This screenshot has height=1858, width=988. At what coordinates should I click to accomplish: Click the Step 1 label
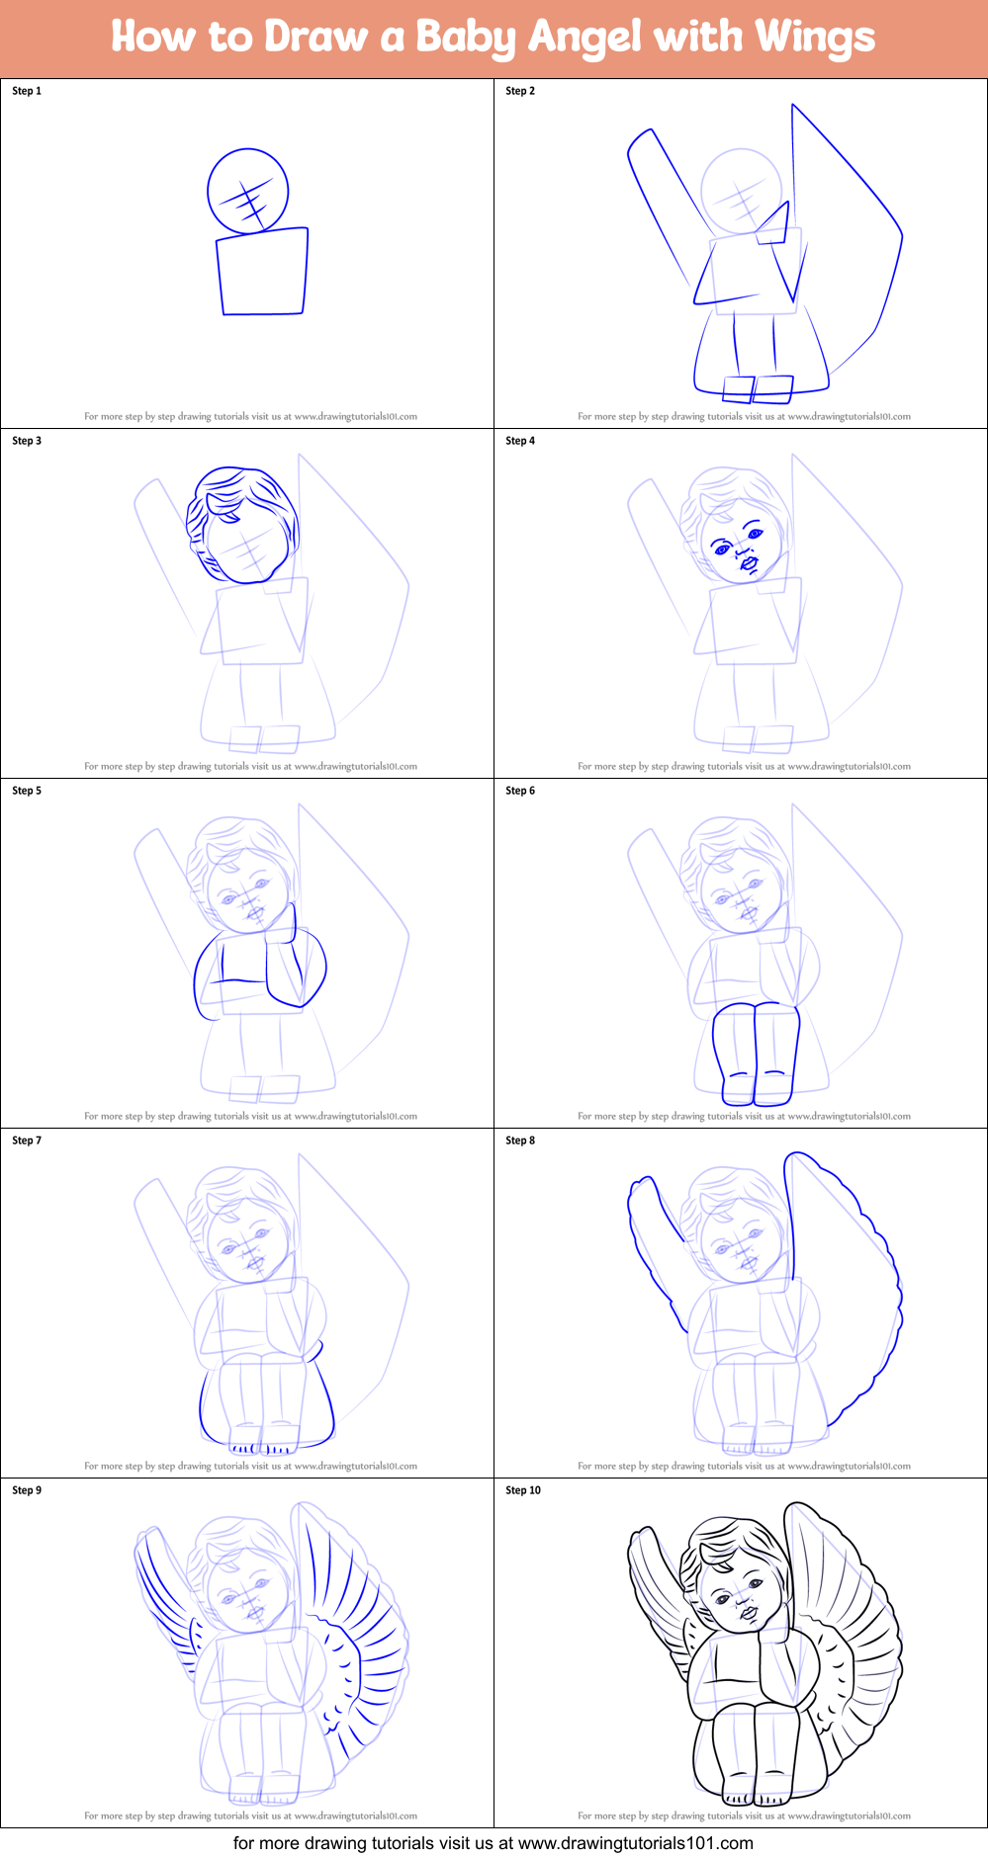(x=27, y=91)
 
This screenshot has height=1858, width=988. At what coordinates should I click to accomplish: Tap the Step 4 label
(x=520, y=441)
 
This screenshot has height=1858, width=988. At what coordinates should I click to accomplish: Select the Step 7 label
(x=27, y=1140)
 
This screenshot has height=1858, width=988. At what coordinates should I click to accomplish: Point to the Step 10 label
(x=523, y=1490)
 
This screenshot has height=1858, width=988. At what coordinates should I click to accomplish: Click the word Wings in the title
(x=814, y=38)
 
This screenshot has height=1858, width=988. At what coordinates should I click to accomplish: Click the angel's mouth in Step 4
(x=750, y=564)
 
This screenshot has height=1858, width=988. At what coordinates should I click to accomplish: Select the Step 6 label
(x=520, y=791)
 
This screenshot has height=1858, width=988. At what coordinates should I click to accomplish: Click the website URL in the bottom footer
(x=635, y=1843)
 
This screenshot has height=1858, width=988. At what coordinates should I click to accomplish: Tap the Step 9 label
(x=27, y=1490)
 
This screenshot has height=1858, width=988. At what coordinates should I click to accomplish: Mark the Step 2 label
(x=520, y=91)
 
